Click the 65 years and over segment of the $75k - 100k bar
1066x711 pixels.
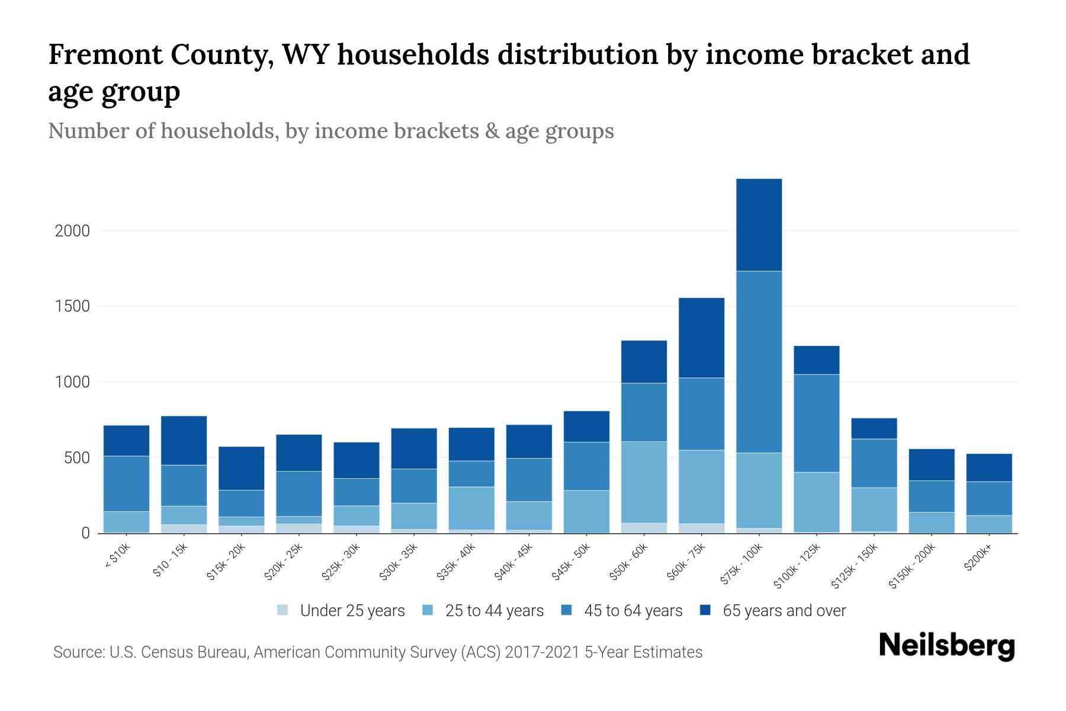click(x=759, y=225)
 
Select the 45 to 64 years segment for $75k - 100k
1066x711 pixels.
click(x=759, y=361)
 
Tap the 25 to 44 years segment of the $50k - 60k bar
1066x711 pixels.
click(x=644, y=482)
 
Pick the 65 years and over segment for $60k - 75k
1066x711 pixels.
click(x=701, y=337)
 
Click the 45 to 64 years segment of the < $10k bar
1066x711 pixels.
click(x=126, y=483)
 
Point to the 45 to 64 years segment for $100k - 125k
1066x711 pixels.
click(x=816, y=423)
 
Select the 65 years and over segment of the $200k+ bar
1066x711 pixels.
click(x=988, y=467)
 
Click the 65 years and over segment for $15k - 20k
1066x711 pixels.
click(x=241, y=468)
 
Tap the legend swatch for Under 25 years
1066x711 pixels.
click(x=283, y=610)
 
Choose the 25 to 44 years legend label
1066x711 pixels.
click(x=494, y=611)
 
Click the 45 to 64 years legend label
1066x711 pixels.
click(x=632, y=611)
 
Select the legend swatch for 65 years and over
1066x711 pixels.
click(x=705, y=610)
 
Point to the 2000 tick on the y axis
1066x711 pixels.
click(x=72, y=230)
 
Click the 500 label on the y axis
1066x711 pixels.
click(x=77, y=458)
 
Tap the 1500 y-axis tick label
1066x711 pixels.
click(x=72, y=306)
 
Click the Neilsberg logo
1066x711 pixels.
click(x=946, y=646)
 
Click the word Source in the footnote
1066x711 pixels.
click(x=78, y=652)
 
